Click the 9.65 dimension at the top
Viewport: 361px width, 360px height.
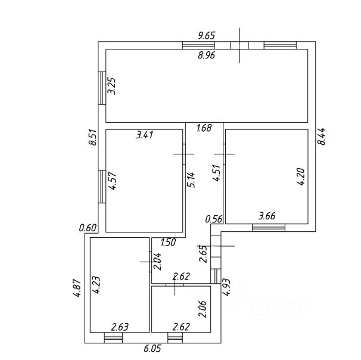tap(206, 36)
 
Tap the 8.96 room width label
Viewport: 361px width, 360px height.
tap(206, 55)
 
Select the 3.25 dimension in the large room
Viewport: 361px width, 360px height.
tap(113, 86)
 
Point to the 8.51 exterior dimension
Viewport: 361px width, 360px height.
tap(92, 137)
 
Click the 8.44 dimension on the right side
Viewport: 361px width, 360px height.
tap(322, 136)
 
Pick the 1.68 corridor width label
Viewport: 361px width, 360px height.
tap(204, 128)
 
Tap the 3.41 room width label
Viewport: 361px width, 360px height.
tap(144, 135)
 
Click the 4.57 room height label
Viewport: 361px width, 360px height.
tap(113, 181)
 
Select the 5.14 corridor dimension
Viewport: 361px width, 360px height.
tap(191, 179)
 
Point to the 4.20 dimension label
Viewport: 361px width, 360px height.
tap(301, 176)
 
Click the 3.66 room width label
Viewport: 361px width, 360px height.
tap(267, 216)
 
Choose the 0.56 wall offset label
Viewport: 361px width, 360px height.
tap(214, 219)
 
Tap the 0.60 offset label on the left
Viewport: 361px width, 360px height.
tap(88, 228)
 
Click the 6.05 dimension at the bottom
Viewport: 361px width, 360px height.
tap(152, 349)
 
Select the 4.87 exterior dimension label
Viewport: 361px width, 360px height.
tap(76, 288)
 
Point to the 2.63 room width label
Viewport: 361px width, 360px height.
tap(120, 327)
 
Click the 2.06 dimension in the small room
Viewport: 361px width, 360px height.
tap(203, 309)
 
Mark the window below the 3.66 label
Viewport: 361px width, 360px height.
tap(269, 228)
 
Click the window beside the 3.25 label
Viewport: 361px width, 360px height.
tap(102, 88)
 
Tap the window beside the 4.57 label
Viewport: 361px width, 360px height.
tap(102, 187)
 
